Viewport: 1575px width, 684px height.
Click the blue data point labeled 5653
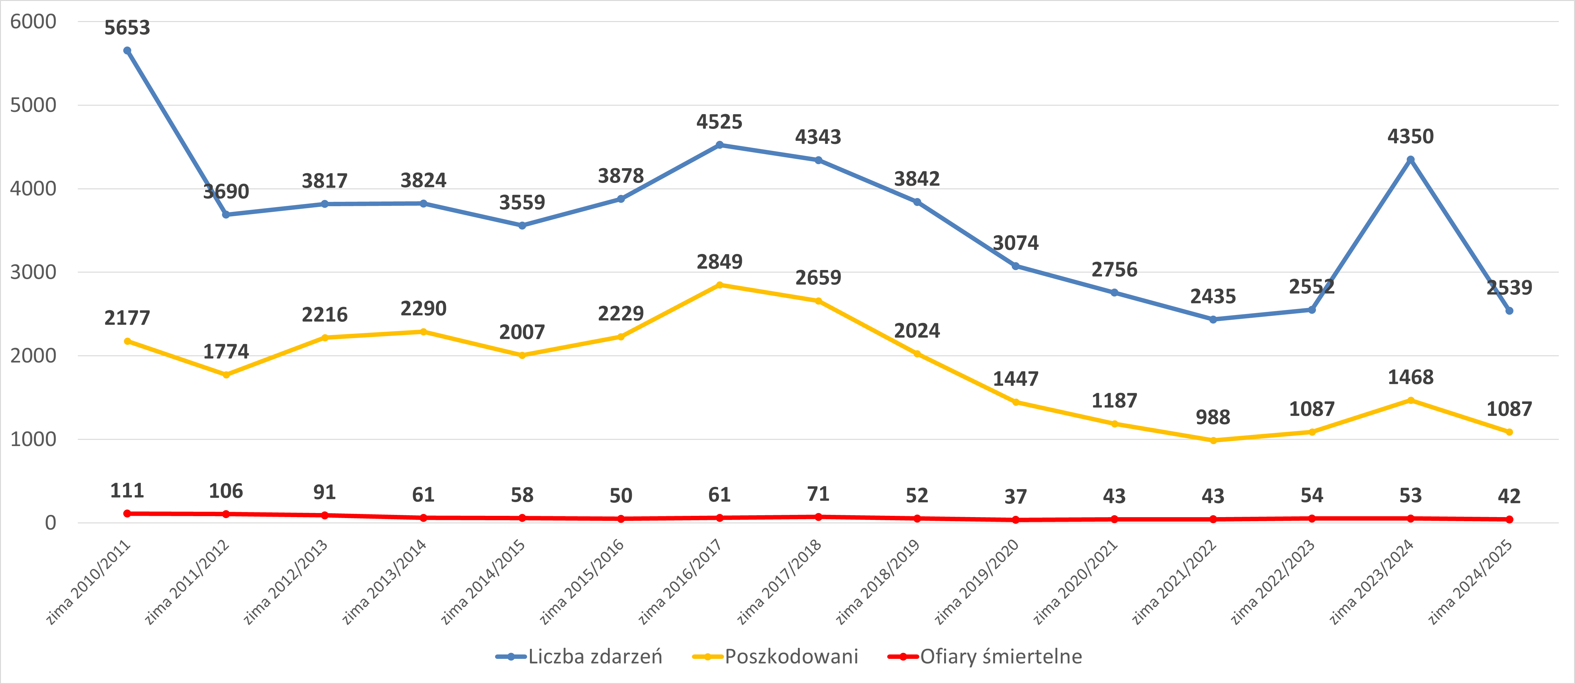[x=127, y=51]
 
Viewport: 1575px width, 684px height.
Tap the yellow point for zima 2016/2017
[x=720, y=285]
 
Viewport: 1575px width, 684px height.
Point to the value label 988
[x=1213, y=417]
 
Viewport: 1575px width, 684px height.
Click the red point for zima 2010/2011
[x=127, y=513]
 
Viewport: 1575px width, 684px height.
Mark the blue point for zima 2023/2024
[x=1411, y=160]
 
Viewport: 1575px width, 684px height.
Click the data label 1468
[x=1411, y=377]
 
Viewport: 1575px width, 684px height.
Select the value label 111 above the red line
[x=127, y=491]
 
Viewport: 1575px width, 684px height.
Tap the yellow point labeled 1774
[x=226, y=375]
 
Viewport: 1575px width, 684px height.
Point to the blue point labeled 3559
[x=522, y=226]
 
